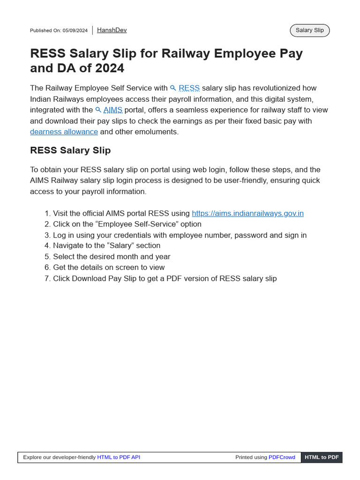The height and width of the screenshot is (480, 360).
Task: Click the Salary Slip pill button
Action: (310, 30)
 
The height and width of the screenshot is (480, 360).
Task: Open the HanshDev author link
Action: (112, 30)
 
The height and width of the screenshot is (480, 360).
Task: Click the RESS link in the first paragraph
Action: (189, 88)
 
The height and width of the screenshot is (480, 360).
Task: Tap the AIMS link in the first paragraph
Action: (113, 110)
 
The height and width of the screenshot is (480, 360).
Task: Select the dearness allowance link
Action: (64, 132)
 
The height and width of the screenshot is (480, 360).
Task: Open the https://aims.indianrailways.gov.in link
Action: (247, 213)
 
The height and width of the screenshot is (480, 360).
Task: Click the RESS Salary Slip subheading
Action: (70, 150)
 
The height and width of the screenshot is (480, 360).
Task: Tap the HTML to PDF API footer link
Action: (119, 457)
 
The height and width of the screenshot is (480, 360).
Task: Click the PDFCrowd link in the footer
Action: (282, 457)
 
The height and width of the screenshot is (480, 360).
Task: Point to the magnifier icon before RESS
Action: (173, 88)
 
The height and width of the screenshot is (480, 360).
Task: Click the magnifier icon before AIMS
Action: (98, 110)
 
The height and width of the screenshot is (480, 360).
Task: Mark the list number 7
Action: (47, 278)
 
